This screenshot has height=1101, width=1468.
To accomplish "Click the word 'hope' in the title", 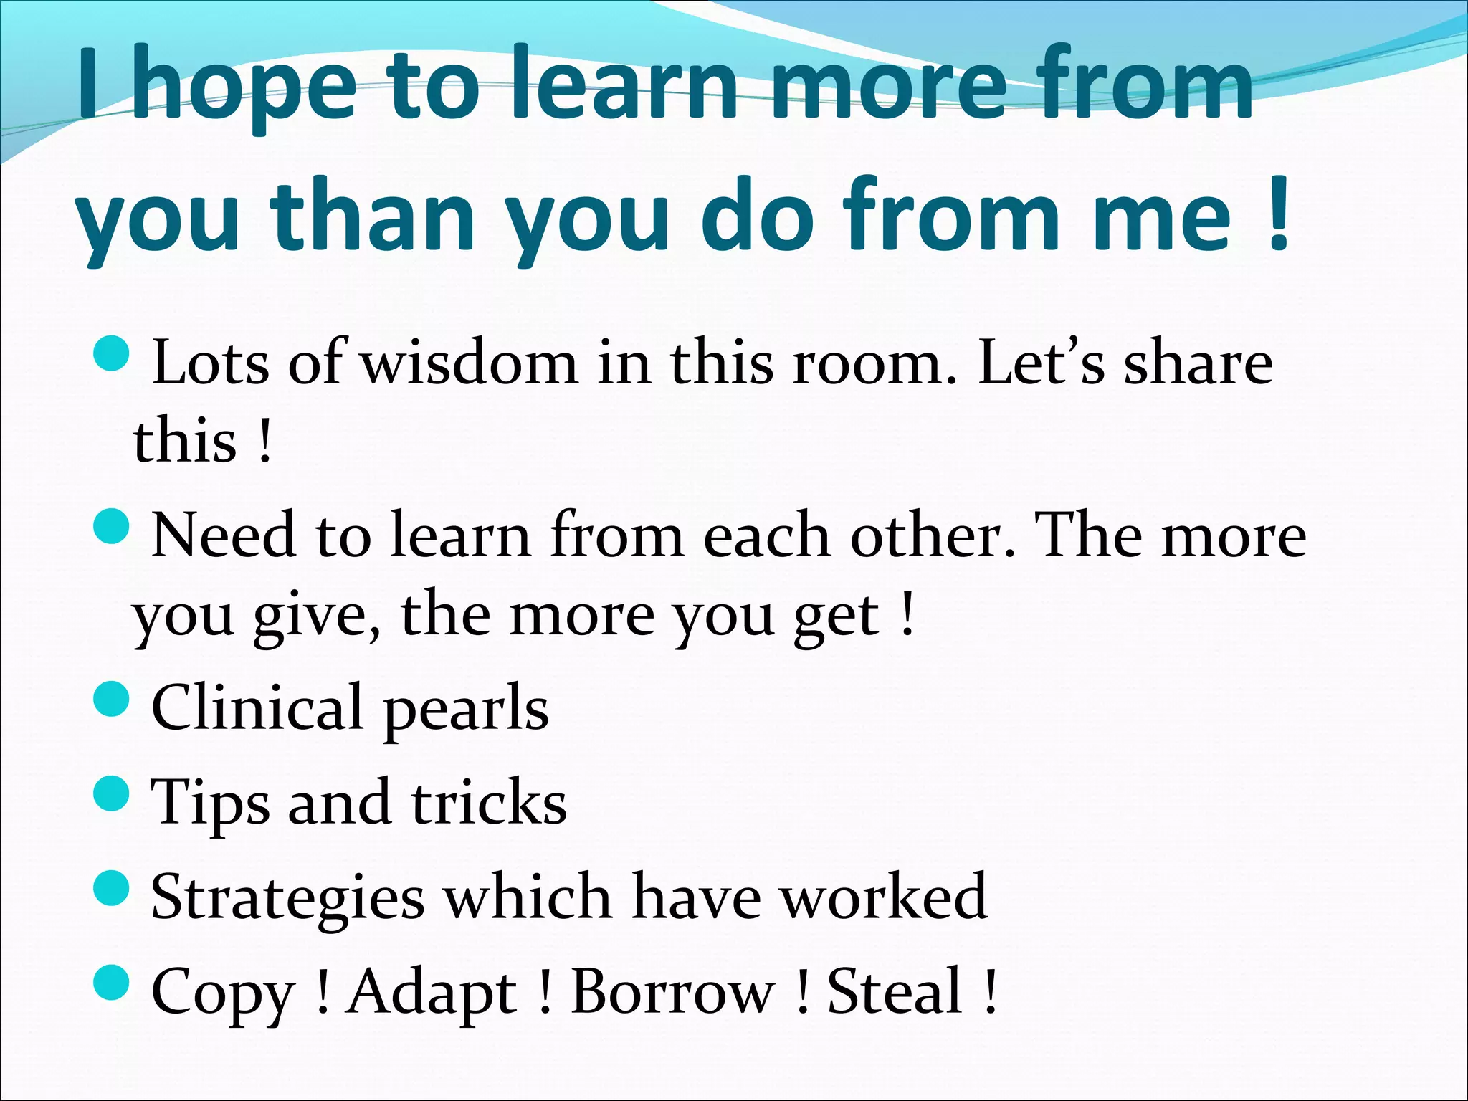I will (x=244, y=90).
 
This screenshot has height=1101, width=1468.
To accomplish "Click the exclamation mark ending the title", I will (x=1277, y=215).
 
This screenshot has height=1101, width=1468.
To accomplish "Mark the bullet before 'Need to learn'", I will (x=111, y=527).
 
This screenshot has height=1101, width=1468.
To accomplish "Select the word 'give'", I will (x=316, y=616).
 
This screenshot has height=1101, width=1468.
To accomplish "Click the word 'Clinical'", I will (x=257, y=707).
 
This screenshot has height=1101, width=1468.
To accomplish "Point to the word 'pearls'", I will (x=466, y=710).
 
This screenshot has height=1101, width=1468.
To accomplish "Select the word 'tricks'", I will (x=489, y=801).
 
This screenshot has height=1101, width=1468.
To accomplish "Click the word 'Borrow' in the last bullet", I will (x=672, y=991).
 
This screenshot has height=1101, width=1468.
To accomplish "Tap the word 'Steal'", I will (x=895, y=991).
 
